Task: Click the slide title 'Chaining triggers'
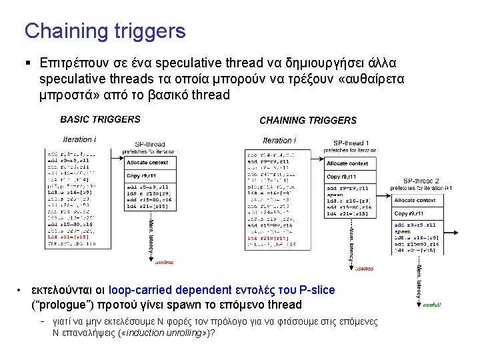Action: [105, 31]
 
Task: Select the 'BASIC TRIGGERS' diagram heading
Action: [100, 120]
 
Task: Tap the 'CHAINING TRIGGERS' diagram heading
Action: [307, 121]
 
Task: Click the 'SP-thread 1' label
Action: [351, 143]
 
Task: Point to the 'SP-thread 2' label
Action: [421, 181]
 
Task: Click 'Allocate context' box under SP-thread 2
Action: [415, 200]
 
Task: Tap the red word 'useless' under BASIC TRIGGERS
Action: [164, 262]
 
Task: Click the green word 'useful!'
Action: [431, 305]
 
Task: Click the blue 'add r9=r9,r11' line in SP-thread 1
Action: [349, 188]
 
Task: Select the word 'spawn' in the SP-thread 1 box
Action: [335, 194]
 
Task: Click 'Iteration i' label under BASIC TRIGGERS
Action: [79, 140]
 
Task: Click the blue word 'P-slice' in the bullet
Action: [317, 290]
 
